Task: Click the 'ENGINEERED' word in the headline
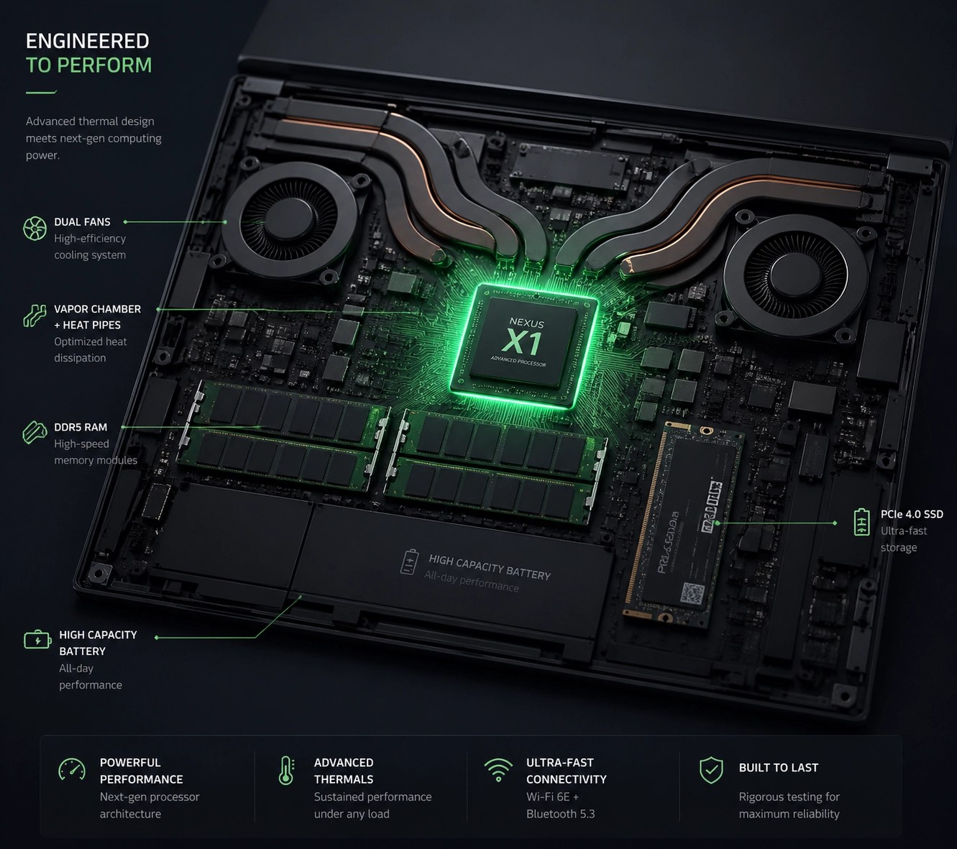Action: click(x=87, y=41)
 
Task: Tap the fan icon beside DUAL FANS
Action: click(x=35, y=229)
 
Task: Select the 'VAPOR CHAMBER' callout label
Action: click(x=97, y=309)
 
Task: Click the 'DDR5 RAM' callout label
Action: click(x=81, y=427)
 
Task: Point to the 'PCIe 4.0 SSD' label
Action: click(x=911, y=514)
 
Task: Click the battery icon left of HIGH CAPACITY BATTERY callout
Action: click(x=37, y=640)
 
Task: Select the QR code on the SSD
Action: click(x=692, y=594)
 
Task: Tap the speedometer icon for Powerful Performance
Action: click(x=72, y=770)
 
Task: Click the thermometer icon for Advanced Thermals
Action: click(x=286, y=771)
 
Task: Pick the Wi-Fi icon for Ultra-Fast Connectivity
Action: click(x=498, y=770)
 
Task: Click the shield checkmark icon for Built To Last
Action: click(x=711, y=770)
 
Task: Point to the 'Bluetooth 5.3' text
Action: click(x=560, y=814)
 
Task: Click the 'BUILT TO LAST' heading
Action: click(x=778, y=768)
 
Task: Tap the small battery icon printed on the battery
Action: click(x=409, y=562)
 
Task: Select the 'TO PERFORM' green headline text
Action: click(x=88, y=65)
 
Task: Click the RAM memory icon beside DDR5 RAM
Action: click(x=35, y=432)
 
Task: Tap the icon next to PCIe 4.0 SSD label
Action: click(x=861, y=523)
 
